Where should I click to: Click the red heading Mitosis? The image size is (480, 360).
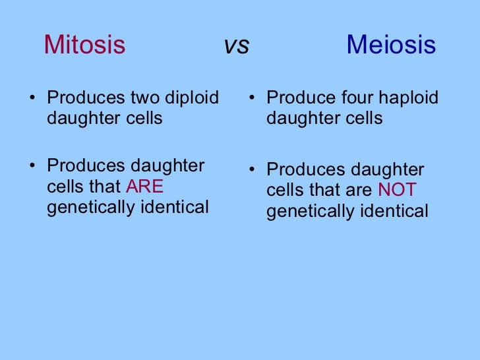(x=84, y=45)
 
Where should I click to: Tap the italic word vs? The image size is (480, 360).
(x=237, y=45)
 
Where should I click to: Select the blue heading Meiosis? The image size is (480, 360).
(x=391, y=45)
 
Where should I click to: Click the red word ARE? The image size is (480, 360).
(x=144, y=187)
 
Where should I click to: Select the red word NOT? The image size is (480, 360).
(x=397, y=191)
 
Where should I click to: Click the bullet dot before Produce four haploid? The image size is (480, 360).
(x=252, y=100)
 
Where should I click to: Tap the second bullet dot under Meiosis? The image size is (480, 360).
(x=252, y=171)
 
